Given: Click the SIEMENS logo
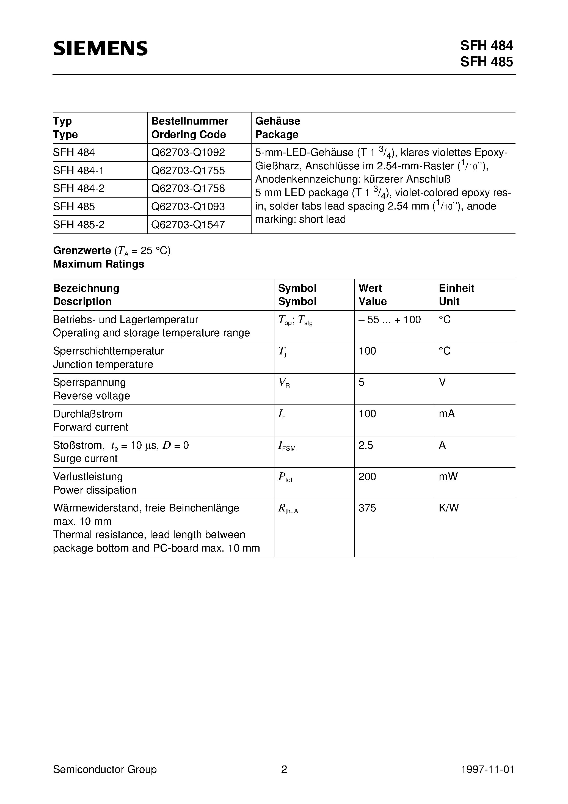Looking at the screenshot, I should click(x=101, y=48).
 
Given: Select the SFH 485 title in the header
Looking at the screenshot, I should click(x=486, y=62).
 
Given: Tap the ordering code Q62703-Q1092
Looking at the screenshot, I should click(x=188, y=153).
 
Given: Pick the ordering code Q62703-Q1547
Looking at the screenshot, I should click(x=188, y=224).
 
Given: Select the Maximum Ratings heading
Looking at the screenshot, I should click(x=98, y=264).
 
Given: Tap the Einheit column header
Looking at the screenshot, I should click(x=456, y=288).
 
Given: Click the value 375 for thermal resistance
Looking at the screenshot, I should click(x=367, y=508).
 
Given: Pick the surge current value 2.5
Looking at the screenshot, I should click(x=366, y=445).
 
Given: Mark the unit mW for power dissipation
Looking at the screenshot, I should click(x=448, y=477).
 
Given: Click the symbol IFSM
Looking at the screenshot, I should click(x=286, y=446).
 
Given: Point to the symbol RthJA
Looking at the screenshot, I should click(x=288, y=509).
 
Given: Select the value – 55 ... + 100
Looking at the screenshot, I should click(x=389, y=320).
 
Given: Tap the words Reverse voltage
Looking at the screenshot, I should click(x=91, y=396).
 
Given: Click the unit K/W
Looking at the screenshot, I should click(x=449, y=508).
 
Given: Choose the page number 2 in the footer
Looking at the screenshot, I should click(x=284, y=769).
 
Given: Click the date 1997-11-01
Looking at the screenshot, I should click(x=487, y=769).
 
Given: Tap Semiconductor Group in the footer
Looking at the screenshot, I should click(x=105, y=769).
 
